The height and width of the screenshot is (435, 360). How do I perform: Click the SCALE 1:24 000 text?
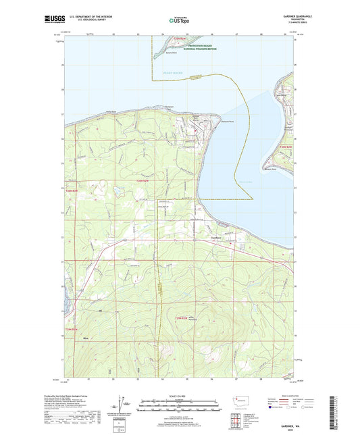tap(180, 396)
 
